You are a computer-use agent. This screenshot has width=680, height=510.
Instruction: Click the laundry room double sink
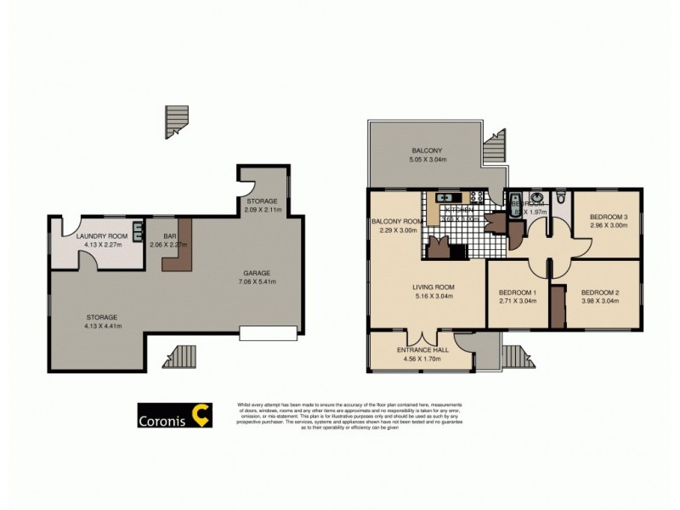[x=136, y=229]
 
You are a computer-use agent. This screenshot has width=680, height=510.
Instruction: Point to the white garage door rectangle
[x=269, y=331]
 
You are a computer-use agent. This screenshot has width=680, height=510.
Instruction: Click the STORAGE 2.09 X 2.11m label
[x=263, y=205]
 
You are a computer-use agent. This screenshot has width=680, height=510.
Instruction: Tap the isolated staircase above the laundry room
[x=176, y=121]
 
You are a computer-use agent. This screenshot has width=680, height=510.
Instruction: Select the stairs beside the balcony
[x=494, y=146]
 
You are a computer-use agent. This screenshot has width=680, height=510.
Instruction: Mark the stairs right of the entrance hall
[x=518, y=354]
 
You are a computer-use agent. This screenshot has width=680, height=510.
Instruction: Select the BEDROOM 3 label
[x=609, y=222]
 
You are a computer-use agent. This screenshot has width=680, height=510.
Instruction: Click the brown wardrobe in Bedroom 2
[x=558, y=308]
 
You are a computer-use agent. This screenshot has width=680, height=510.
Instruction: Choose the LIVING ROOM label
[x=428, y=292]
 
